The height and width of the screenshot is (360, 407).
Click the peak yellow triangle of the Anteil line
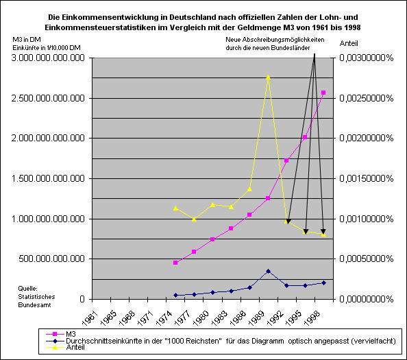[x=268, y=77]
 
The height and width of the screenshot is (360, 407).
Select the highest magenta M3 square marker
[x=323, y=93]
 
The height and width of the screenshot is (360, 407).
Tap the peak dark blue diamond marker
[x=268, y=271]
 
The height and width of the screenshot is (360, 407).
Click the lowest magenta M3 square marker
[x=175, y=263]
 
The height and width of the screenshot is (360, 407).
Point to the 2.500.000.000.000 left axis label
[x=48, y=99]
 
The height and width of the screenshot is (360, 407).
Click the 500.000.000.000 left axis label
[x=51, y=259]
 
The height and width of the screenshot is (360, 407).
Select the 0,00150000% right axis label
[x=367, y=179]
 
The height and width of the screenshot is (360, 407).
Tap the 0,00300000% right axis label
[x=367, y=58]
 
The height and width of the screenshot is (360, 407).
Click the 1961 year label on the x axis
[x=88, y=318]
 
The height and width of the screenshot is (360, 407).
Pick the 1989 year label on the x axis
[x=256, y=318]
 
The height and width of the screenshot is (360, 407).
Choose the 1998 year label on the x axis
[x=311, y=318]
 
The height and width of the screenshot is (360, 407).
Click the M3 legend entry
[x=71, y=334]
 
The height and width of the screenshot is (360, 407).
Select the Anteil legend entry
[x=75, y=347]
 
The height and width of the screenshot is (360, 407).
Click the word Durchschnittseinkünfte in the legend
[x=100, y=341]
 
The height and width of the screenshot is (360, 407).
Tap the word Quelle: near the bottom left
[x=28, y=289]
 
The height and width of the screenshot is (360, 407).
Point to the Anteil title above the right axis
[x=349, y=43]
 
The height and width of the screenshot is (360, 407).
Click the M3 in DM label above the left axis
[x=27, y=40]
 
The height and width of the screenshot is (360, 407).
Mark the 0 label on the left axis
[x=82, y=299]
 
